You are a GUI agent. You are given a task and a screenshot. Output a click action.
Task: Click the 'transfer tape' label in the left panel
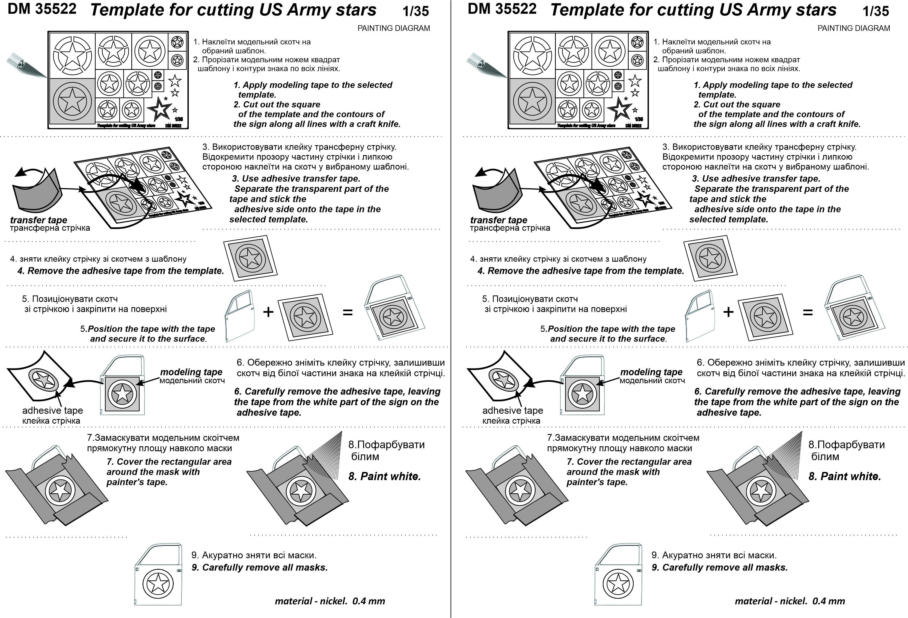coord(38,220)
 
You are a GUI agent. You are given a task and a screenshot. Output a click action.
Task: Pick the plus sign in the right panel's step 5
coord(728,312)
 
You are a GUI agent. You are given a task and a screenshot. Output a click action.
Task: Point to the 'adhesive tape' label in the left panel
coord(52,411)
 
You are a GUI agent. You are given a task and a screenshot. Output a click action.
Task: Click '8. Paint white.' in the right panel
coord(845,476)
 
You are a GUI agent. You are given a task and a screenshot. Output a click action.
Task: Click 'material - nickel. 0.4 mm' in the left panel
coord(330,601)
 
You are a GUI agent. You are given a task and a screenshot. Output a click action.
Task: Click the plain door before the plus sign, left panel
coord(239,316)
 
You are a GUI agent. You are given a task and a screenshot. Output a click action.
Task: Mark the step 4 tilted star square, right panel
coord(710,258)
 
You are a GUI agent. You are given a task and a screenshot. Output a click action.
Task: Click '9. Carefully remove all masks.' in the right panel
coord(719,567)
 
